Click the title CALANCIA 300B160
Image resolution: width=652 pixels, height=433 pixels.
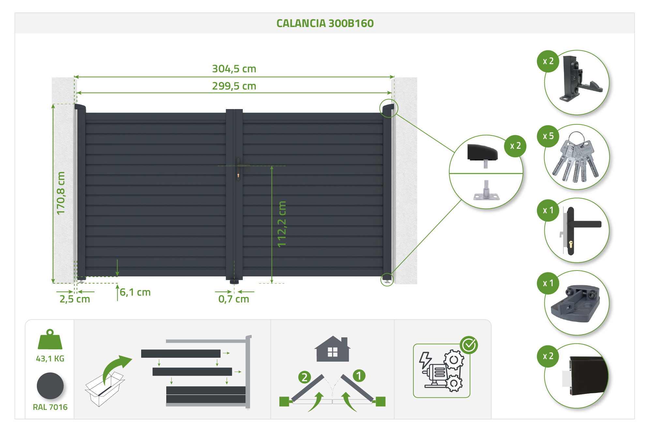[325, 23]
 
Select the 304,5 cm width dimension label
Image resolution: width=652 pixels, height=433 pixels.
[234, 69]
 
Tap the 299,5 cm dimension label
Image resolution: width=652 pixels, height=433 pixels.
[234, 86]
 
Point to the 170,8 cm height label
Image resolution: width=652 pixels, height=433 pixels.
[61, 193]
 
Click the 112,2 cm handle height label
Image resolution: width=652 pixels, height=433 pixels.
[282, 224]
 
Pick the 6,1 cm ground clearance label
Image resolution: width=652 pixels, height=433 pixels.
[135, 292]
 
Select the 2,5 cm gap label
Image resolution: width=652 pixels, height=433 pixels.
[75, 299]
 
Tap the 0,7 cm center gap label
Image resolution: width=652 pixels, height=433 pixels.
[233, 299]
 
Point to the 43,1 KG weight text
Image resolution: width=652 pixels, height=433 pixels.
[50, 358]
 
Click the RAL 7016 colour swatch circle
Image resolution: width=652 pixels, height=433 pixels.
[50, 386]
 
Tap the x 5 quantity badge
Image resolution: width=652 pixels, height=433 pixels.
[548, 136]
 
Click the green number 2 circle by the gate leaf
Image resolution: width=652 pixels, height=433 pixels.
[304, 377]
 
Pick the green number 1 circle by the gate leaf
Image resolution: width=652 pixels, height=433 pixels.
[359, 376]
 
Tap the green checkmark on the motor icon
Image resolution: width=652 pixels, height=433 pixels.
[469, 345]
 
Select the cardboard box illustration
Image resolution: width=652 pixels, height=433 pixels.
[104, 389]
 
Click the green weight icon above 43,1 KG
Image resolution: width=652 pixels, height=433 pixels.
[50, 340]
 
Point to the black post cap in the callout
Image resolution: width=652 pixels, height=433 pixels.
[482, 152]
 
